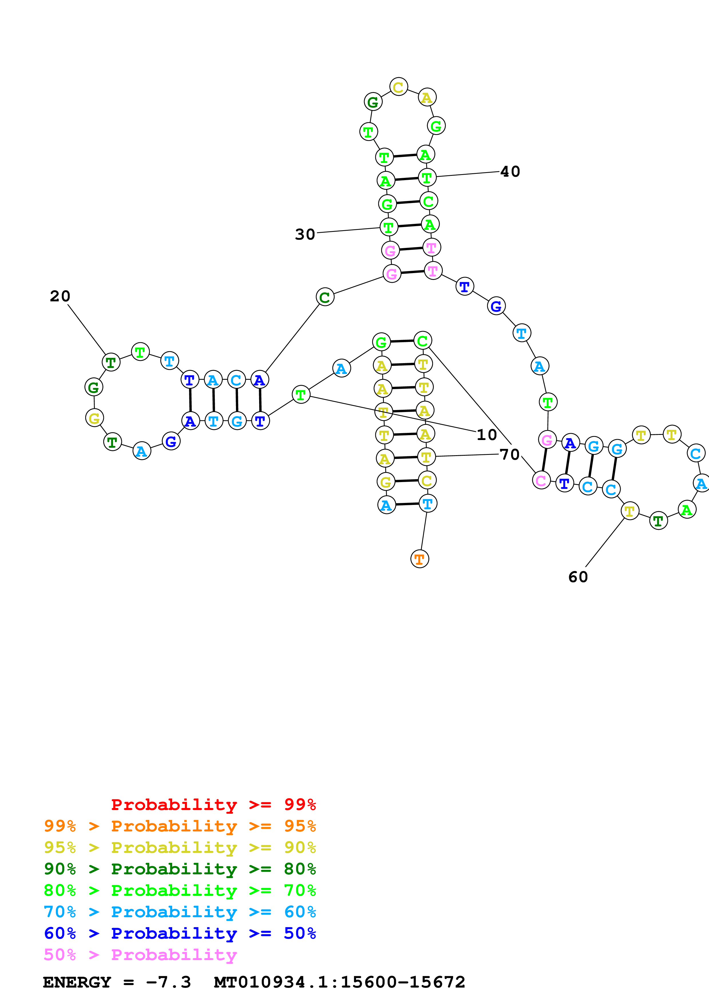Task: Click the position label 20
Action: (60, 296)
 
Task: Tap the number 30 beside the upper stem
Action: (305, 234)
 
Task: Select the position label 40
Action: (510, 172)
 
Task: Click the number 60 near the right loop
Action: (578, 577)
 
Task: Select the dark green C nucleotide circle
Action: (325, 297)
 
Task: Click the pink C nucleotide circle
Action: (541, 481)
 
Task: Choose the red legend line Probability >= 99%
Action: (213, 804)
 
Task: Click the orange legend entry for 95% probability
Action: (180, 826)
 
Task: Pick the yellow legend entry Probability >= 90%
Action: (180, 847)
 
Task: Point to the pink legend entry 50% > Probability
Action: (140, 954)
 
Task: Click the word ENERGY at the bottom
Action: (77, 982)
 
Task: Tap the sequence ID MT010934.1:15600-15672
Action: (339, 982)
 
